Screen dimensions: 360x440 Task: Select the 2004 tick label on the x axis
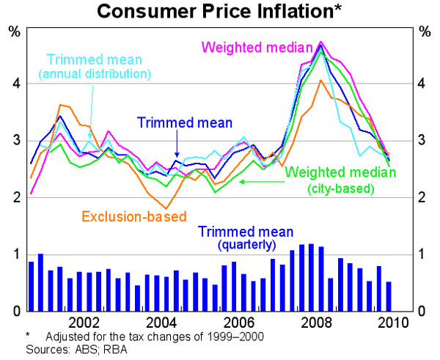tap(161, 322)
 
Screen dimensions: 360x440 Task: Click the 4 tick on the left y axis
tap(15, 84)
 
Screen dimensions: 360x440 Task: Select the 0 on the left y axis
tap(15, 311)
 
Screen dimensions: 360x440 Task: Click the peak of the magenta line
tap(321, 42)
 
